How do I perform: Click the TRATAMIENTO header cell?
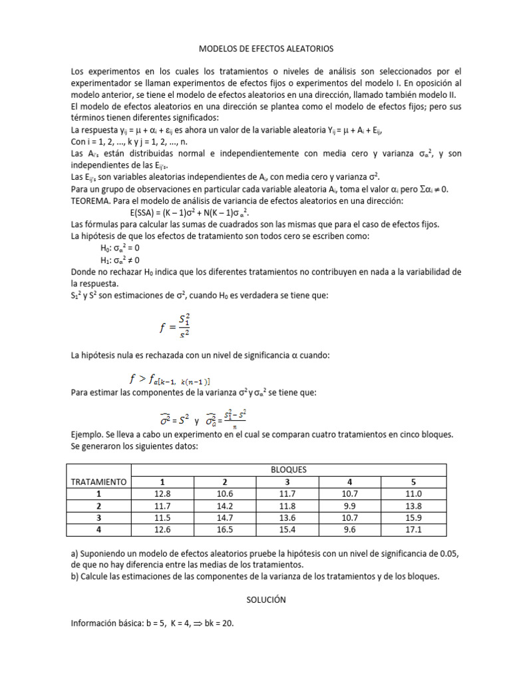[x=98, y=481]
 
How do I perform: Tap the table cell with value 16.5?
[x=224, y=529]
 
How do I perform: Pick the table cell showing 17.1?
[x=413, y=529]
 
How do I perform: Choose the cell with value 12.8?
[x=162, y=494]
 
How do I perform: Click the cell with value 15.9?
[x=413, y=517]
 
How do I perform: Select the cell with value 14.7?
[x=224, y=517]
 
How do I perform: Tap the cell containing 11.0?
[x=413, y=494]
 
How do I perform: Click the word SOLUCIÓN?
[x=266, y=599]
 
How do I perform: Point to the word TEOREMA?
[x=90, y=200]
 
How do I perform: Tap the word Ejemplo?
[x=88, y=434]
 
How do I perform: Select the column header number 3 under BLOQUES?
[x=287, y=481]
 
